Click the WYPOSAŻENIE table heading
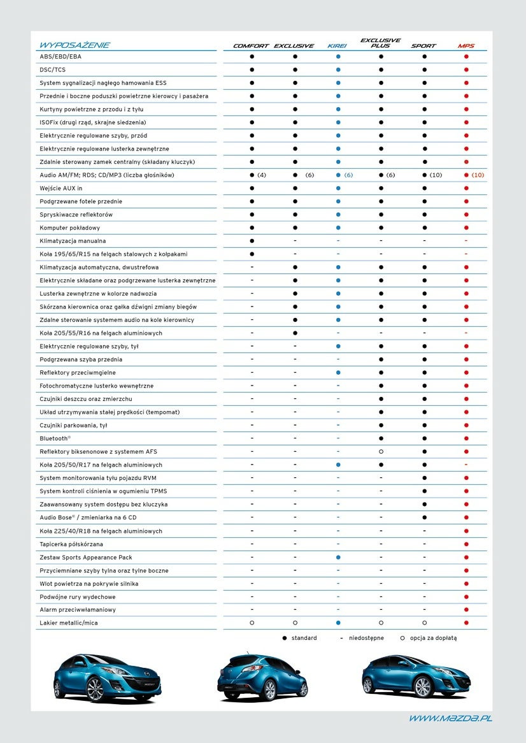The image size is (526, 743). pos(75,45)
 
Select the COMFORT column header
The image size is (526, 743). pos(251,46)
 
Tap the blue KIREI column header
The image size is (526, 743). pos(338,46)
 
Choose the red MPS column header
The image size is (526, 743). pos(466,46)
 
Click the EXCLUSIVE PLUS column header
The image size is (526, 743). pos(381,43)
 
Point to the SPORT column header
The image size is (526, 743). pos(423,46)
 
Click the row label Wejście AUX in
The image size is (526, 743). pos(61,189)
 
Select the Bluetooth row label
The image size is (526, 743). pos(55,438)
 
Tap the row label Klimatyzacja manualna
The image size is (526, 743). pos(73,241)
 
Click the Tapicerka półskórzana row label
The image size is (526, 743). pos(71,544)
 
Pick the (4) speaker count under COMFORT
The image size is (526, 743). pos(262,175)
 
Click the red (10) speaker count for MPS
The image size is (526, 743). pos(478,175)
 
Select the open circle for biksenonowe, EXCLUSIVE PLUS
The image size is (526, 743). pos(381,452)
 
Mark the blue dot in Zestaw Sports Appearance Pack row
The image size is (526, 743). pos(338,558)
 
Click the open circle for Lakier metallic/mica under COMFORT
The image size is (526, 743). pos(252,623)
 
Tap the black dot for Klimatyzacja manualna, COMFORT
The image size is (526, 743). pos(252,241)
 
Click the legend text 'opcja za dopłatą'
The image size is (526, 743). pos(433,638)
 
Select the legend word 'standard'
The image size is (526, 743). pos(304,638)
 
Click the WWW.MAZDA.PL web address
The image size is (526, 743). pos(450,718)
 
